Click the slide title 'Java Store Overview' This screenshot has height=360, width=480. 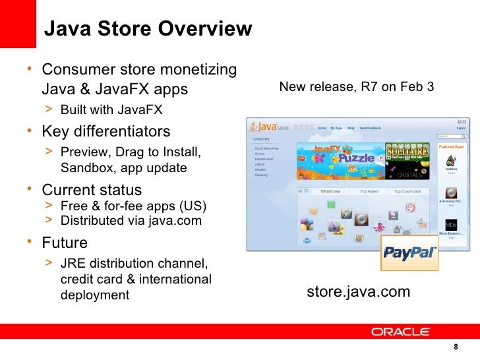pyautogui.click(x=148, y=29)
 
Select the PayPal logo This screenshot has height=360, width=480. pyautogui.click(x=409, y=253)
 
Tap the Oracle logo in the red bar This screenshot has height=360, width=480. pyautogui.click(x=400, y=332)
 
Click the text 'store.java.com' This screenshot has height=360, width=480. pyautogui.click(x=359, y=292)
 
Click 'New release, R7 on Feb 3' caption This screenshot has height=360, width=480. pyautogui.click(x=357, y=86)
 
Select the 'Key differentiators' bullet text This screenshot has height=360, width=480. pyautogui.click(x=106, y=131)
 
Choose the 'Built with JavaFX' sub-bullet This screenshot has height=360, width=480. pyautogui.click(x=111, y=109)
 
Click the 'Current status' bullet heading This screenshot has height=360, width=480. pyautogui.click(x=92, y=190)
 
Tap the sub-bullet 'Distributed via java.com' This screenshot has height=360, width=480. pyautogui.click(x=131, y=220)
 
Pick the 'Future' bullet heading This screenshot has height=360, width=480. pyautogui.click(x=65, y=242)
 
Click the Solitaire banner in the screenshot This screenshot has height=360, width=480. pyautogui.click(x=407, y=153)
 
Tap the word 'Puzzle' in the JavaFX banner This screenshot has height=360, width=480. pyautogui.click(x=356, y=158)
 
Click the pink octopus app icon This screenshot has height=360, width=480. pyautogui.click(x=380, y=227)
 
